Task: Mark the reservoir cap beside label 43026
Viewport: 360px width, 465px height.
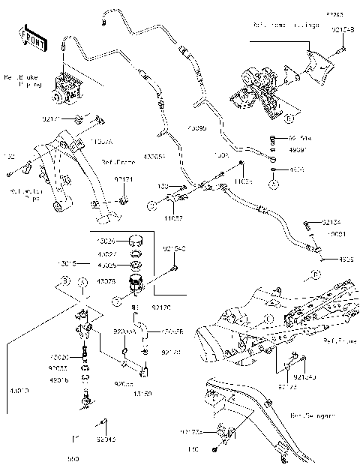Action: (136, 241)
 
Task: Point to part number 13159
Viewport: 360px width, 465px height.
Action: (142, 393)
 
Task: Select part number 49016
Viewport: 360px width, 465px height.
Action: (59, 380)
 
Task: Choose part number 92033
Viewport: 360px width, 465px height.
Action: (59, 369)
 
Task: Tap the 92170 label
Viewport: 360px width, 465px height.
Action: (161, 306)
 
